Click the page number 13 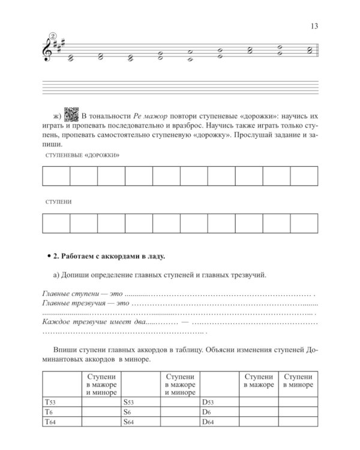tap(313, 25)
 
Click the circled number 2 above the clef tap(52, 36)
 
